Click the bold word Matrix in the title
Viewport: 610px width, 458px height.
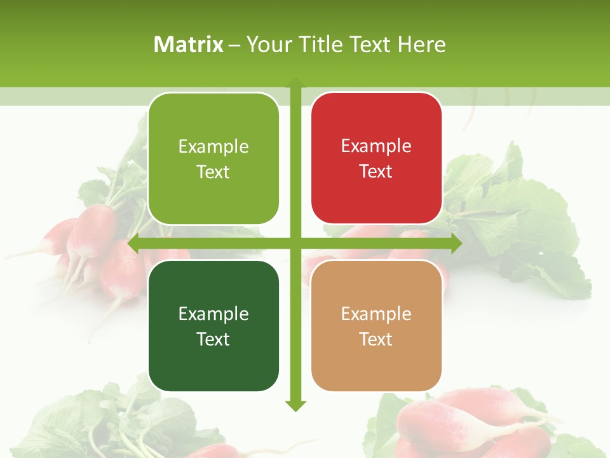[x=189, y=45]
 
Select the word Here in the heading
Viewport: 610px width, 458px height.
[x=422, y=45]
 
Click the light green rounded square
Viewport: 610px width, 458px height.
[x=213, y=158]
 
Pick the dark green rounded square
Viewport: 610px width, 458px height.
[x=213, y=326]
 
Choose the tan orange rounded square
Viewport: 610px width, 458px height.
[x=376, y=326]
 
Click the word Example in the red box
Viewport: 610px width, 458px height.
[x=376, y=146]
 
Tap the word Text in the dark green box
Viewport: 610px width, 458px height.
[x=213, y=339]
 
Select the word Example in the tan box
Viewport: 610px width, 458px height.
[x=376, y=314]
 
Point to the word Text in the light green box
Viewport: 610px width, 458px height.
[x=213, y=172]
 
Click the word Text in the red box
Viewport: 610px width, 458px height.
[x=376, y=171]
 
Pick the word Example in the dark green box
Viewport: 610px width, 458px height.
[x=213, y=314]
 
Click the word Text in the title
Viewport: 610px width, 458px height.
[x=370, y=45]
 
